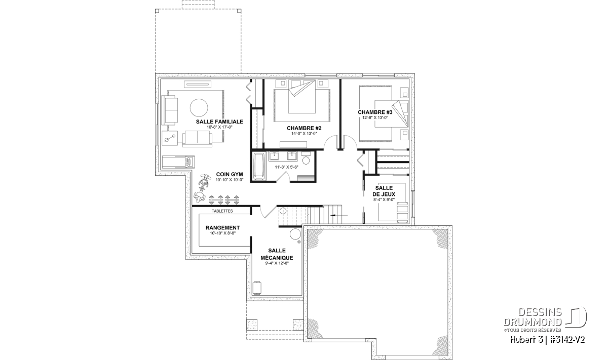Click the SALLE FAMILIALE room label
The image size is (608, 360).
click(219, 122)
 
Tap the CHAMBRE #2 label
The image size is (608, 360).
click(304, 128)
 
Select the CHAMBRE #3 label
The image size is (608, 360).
click(375, 112)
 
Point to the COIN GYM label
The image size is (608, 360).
click(230, 174)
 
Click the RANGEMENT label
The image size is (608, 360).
click(222, 228)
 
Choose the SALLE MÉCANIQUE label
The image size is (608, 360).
click(277, 254)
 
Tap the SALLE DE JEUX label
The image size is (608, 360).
click(384, 191)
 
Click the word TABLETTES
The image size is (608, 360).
click(222, 211)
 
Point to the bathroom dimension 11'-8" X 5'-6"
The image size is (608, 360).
click(286, 167)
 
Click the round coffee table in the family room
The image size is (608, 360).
click(199, 108)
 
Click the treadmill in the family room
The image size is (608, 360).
click(178, 162)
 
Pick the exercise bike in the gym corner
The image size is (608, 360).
click(201, 188)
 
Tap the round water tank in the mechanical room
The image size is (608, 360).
click(295, 234)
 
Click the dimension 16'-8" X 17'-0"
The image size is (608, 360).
click(219, 127)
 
